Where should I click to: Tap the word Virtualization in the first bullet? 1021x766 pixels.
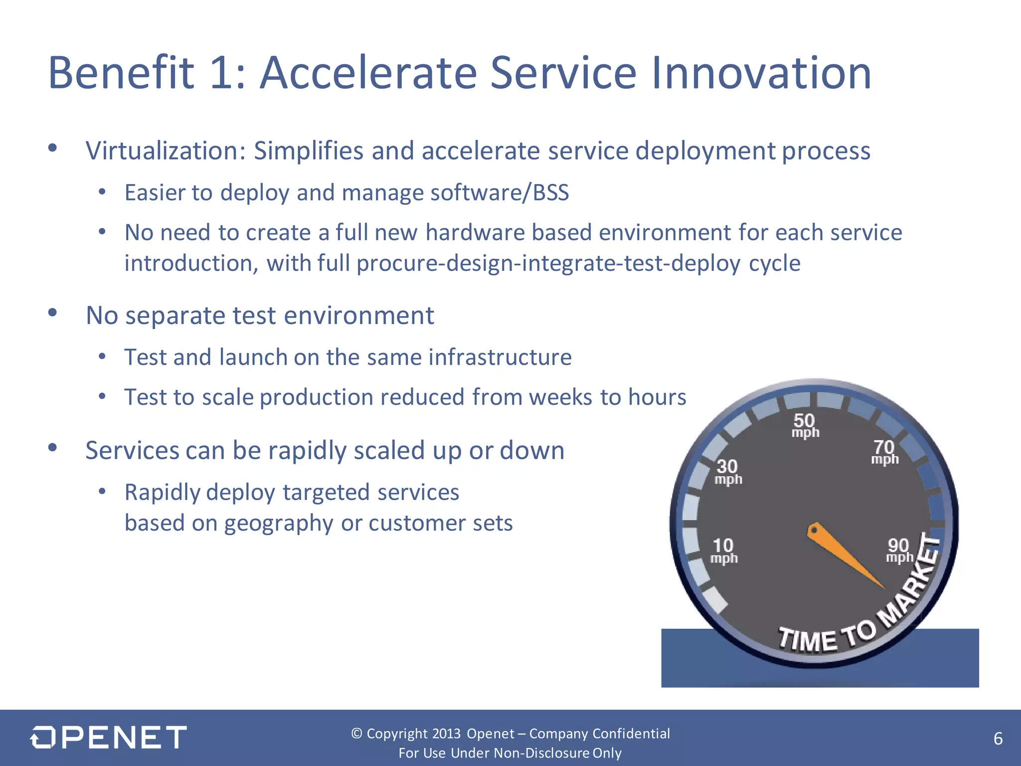(165, 151)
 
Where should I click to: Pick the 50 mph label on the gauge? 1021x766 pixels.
(805, 425)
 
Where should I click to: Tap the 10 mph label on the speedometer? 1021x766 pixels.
(723, 551)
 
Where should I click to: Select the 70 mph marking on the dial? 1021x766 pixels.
(884, 452)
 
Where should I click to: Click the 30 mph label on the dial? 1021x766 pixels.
(728, 472)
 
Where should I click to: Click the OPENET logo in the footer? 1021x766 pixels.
(109, 737)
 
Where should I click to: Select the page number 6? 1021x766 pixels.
(998, 739)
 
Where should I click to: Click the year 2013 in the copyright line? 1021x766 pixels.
(446, 734)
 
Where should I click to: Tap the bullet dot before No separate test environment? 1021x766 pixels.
(53, 313)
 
